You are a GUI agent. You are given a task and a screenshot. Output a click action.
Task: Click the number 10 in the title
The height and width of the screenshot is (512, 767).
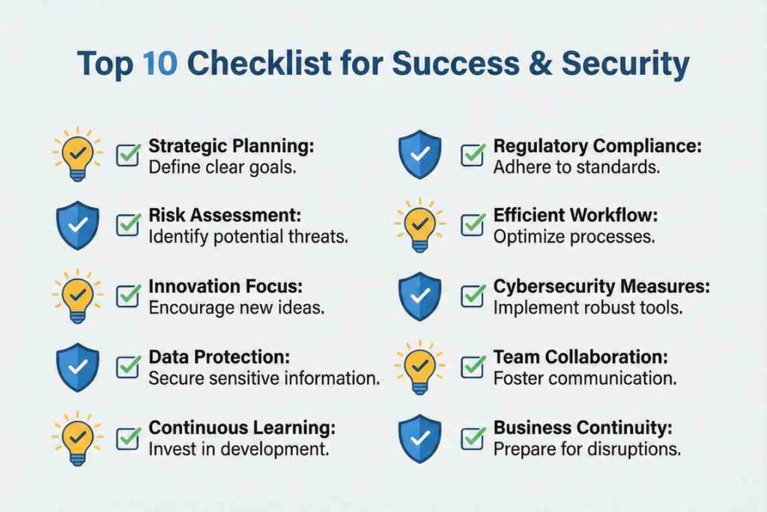click(160, 64)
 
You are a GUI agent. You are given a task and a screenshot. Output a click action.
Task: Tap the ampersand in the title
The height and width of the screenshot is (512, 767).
click(540, 64)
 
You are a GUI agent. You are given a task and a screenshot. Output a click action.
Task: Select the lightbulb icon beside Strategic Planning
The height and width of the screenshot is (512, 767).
click(77, 153)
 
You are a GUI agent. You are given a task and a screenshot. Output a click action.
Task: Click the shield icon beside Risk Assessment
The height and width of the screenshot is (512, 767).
click(78, 225)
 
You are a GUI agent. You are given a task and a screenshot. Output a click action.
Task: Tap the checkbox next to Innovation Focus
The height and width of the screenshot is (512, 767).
click(128, 296)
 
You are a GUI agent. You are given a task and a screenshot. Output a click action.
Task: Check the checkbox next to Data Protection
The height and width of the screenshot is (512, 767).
click(128, 366)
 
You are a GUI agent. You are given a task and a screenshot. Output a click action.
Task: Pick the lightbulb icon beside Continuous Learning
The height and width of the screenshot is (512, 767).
click(77, 438)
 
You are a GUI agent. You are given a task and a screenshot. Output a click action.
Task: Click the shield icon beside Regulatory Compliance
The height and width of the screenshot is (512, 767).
click(419, 154)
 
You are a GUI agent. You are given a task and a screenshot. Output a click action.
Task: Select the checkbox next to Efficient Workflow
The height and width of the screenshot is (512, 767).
click(473, 225)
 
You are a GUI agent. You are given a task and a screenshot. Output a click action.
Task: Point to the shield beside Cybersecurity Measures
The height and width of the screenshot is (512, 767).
click(419, 296)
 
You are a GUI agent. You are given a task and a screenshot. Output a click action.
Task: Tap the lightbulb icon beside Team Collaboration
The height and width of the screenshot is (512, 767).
click(419, 367)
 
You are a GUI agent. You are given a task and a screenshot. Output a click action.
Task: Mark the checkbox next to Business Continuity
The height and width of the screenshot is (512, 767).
click(473, 438)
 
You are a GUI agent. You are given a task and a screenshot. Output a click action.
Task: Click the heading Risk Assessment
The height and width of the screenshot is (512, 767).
click(225, 215)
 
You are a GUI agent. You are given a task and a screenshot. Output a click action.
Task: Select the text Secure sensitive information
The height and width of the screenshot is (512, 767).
click(264, 379)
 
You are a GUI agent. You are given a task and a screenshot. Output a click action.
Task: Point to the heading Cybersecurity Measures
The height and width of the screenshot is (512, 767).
click(601, 287)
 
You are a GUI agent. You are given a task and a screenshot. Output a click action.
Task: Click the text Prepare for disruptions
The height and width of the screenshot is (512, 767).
click(586, 449)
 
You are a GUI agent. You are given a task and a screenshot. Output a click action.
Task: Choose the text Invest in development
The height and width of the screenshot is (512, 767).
click(239, 449)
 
